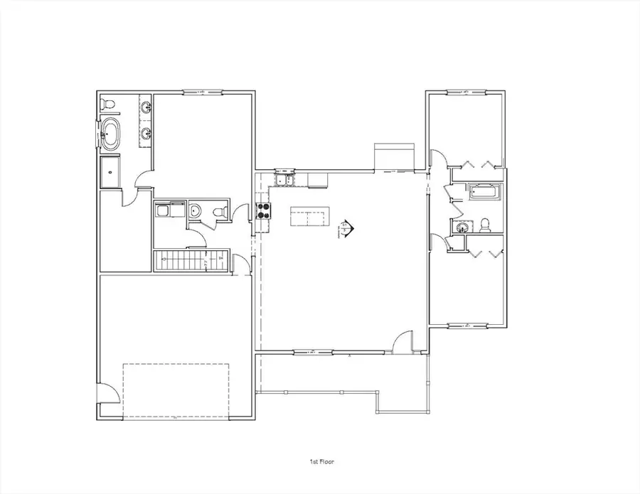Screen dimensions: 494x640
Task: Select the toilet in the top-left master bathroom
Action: tap(108, 104)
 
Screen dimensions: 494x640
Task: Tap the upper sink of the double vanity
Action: tap(146, 108)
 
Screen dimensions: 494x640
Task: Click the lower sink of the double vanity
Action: tap(146, 133)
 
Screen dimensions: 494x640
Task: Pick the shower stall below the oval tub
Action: tap(110, 171)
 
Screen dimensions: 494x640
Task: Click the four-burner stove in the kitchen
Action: tap(263, 210)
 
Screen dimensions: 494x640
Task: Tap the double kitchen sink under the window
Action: tap(284, 179)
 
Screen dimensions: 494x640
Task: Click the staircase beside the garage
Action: tap(186, 260)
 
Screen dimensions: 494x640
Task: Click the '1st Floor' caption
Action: tap(319, 461)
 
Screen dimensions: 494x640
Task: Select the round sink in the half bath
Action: tap(193, 210)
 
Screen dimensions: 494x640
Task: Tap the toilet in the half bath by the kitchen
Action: tap(220, 211)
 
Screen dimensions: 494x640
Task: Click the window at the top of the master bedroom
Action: tap(203, 92)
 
